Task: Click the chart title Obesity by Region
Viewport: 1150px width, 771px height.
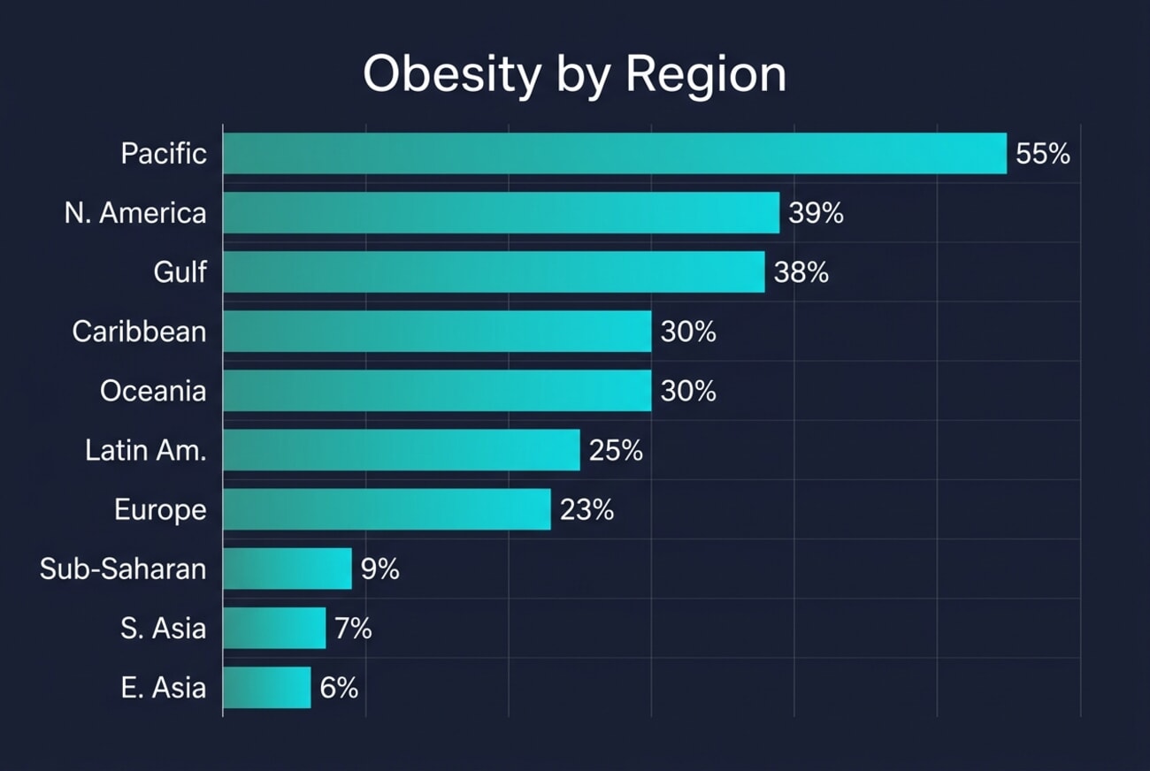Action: click(574, 75)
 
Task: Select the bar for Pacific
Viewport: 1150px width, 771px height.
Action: click(614, 154)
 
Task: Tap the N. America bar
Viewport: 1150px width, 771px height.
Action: click(501, 213)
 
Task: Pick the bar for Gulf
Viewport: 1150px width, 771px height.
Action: click(494, 272)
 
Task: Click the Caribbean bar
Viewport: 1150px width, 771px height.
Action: click(437, 332)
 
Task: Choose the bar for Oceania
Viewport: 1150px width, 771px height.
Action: click(437, 391)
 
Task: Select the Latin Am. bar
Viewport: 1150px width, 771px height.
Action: click(401, 450)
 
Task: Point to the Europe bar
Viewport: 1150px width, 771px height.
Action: click(387, 509)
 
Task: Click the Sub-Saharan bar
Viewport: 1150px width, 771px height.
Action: click(287, 569)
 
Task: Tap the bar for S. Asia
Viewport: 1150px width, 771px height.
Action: click(274, 628)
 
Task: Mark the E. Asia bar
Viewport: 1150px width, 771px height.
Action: click(267, 687)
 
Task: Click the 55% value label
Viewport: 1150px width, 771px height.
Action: click(1043, 154)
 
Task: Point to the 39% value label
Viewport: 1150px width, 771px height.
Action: click(816, 213)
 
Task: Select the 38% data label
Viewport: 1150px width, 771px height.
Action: click(801, 272)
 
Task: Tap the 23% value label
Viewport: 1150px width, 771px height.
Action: click(586, 509)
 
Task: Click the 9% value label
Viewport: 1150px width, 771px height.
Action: click(380, 569)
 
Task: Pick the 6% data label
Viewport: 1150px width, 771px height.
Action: click(339, 687)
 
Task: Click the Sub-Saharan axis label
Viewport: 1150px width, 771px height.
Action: click(123, 569)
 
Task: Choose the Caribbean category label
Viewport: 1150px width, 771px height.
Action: click(139, 332)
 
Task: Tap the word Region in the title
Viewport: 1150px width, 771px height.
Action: click(706, 75)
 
